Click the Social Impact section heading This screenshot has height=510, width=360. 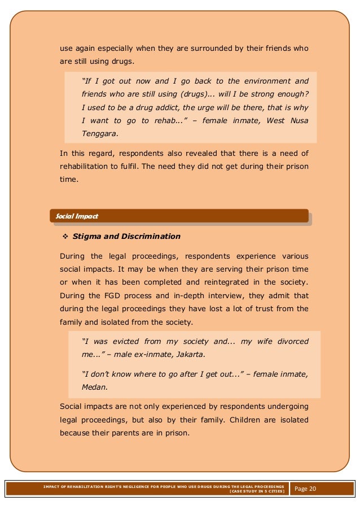tap(74, 216)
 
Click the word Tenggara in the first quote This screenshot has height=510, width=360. tap(100, 134)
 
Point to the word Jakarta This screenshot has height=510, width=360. tap(190, 355)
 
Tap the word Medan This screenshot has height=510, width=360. tap(94, 388)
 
